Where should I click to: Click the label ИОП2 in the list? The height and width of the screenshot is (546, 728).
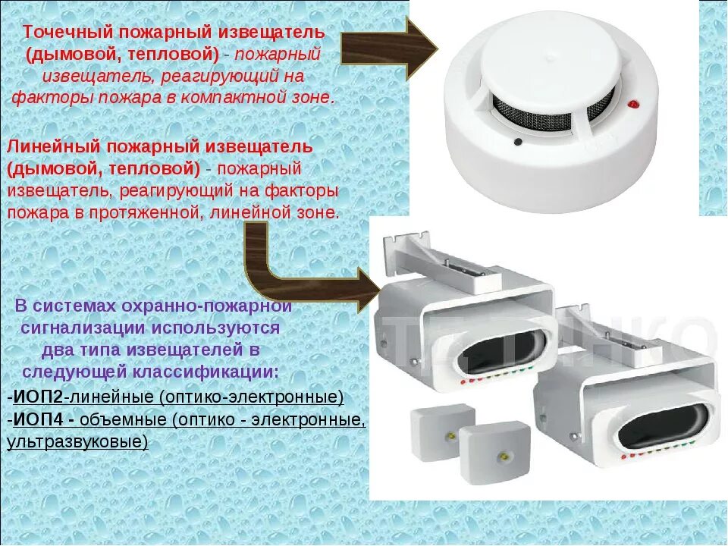39,397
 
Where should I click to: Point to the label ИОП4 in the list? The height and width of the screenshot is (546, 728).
39,419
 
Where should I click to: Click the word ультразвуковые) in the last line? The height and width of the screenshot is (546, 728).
77,441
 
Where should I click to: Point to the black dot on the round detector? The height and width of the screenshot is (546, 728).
518,140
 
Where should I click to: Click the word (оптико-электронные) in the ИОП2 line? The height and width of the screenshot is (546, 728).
252,397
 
